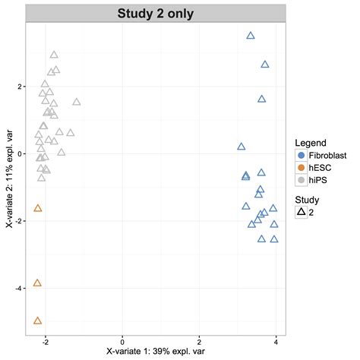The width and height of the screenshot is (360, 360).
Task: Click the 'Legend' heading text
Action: pos(311,143)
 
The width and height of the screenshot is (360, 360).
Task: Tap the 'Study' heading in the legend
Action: pos(308,199)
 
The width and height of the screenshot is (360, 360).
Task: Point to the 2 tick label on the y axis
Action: pos(19,87)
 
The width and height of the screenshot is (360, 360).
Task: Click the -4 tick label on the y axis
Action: pos(17,288)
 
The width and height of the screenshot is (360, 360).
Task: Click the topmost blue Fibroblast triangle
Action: pos(251,36)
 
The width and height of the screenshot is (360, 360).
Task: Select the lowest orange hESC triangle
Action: pos(38,321)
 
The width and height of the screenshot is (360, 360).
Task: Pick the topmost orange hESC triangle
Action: pos(38,208)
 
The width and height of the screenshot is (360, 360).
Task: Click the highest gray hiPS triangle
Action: pos(54,55)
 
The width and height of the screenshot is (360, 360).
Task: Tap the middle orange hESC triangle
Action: pos(38,283)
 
